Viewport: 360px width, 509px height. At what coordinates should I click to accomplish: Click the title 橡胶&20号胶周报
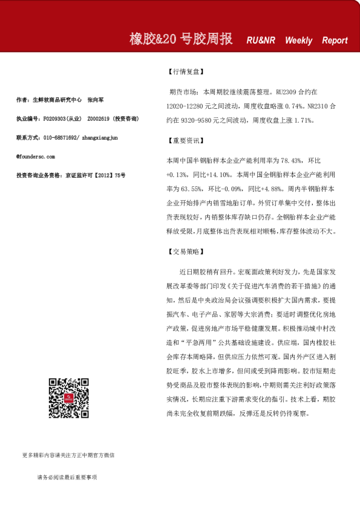(182, 39)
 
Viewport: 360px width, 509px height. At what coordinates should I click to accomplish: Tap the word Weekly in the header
(299, 41)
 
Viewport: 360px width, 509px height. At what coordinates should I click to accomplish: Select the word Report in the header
(335, 41)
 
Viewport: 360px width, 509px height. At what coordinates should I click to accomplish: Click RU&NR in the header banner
(261, 41)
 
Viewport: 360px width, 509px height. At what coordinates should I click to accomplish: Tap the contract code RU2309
(287, 94)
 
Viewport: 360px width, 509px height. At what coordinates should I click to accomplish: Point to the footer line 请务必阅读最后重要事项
(67, 477)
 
